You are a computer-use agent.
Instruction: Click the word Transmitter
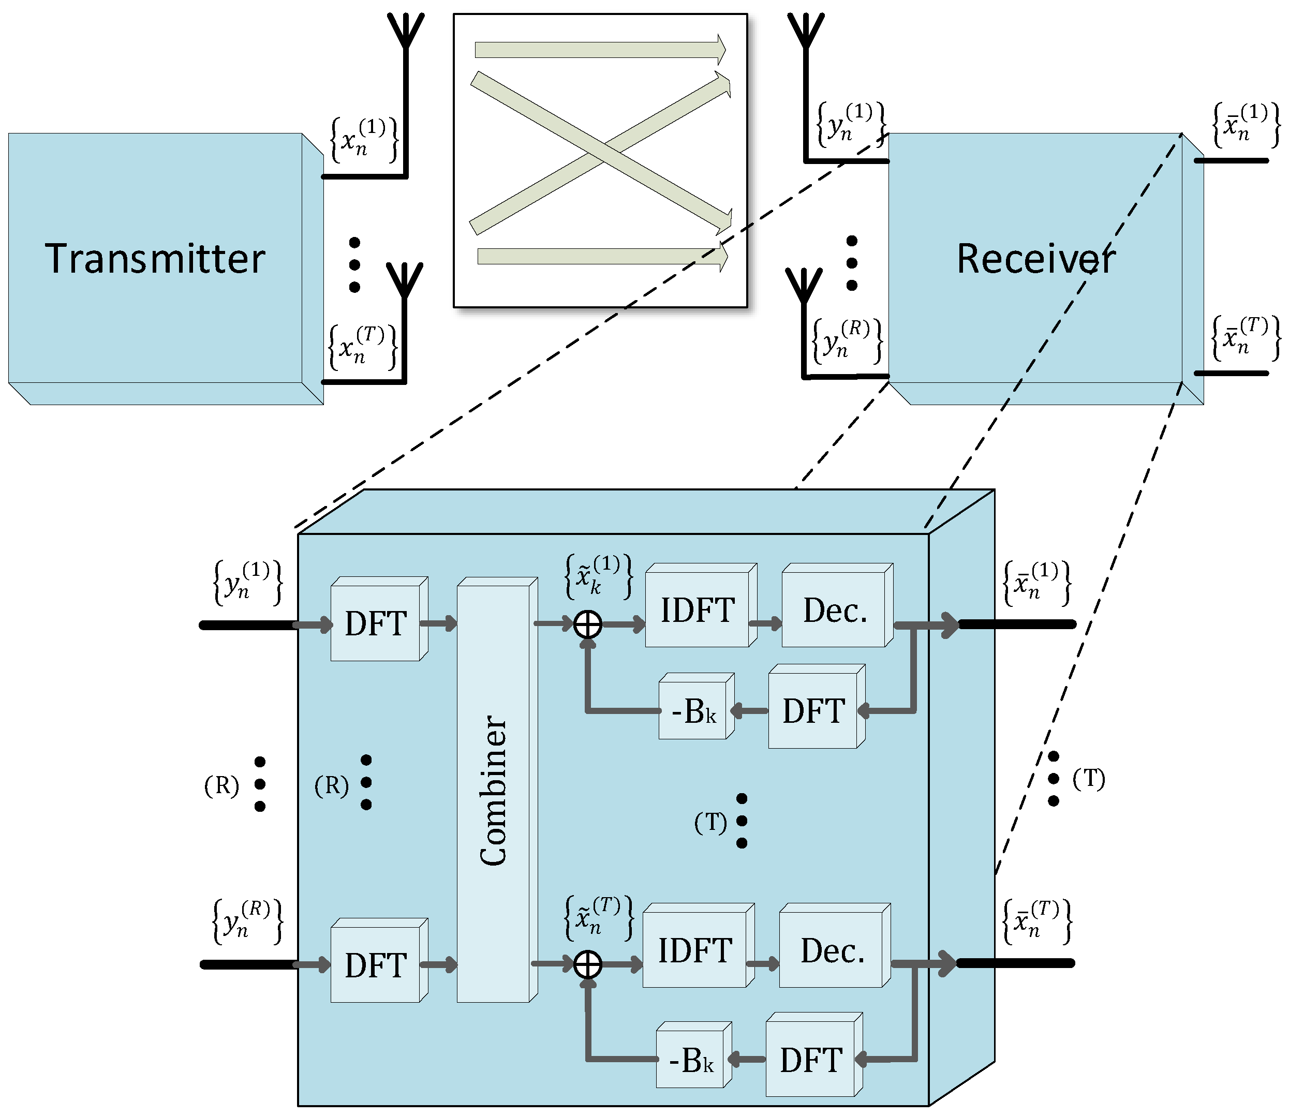(x=155, y=259)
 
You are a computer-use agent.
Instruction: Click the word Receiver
(x=1035, y=259)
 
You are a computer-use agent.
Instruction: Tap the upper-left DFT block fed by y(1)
(x=376, y=623)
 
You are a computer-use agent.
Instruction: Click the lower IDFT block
(x=695, y=950)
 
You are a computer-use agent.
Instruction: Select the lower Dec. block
(x=832, y=950)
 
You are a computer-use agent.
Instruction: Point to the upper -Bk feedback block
(x=694, y=710)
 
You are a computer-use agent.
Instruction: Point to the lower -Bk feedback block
(x=691, y=1060)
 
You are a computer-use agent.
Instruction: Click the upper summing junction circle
(x=587, y=624)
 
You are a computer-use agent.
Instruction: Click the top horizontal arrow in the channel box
(x=599, y=50)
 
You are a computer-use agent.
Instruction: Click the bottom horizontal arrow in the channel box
(x=601, y=256)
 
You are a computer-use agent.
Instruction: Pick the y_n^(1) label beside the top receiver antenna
(x=851, y=125)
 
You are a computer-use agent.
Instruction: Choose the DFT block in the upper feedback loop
(x=813, y=710)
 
